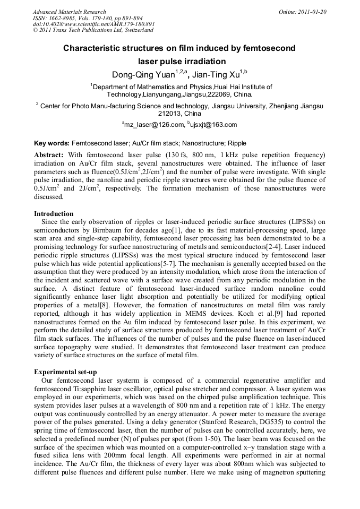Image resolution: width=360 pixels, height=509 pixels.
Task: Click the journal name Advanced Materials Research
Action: [x=69, y=12]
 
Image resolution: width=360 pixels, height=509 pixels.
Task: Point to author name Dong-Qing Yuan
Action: [x=142, y=74]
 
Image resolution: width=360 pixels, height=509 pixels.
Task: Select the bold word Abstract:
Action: [x=49, y=154]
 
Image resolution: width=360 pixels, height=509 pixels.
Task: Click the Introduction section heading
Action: [x=54, y=214]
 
